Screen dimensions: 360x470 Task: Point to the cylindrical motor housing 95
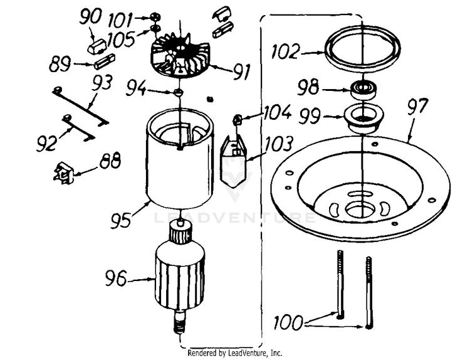click(x=179, y=166)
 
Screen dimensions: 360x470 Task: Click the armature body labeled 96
click(x=180, y=276)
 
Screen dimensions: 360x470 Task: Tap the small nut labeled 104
click(x=238, y=119)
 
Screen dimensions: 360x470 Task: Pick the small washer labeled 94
click(x=179, y=92)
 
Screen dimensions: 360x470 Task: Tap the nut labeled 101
click(x=155, y=16)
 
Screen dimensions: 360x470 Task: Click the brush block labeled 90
click(x=98, y=46)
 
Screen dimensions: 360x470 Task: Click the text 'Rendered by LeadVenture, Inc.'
click(x=235, y=353)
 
